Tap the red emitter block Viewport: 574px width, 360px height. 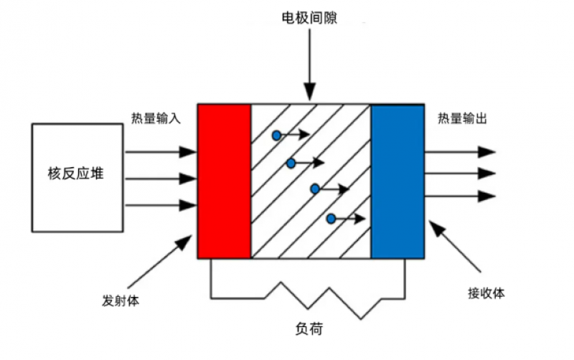pyautogui.click(x=224, y=181)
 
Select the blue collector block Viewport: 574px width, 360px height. pyautogui.click(x=397, y=181)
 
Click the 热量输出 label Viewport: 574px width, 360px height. pyautogui.click(x=463, y=118)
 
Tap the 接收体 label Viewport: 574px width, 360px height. pyautogui.click(x=487, y=293)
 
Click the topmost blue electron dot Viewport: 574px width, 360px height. pyautogui.click(x=276, y=135)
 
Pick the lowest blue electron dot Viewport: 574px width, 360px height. pyautogui.click(x=331, y=219)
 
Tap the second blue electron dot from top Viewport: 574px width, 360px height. pyautogui.click(x=291, y=164)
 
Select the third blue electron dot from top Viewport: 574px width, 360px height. pyautogui.click(x=315, y=189)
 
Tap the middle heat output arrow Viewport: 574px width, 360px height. pyautogui.click(x=459, y=173)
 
